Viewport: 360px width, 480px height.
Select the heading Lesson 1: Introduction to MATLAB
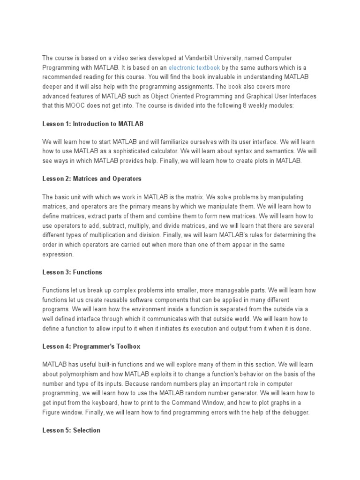tap(93, 124)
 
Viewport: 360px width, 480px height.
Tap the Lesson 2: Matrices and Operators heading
tap(91, 179)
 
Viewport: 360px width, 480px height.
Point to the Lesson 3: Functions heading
tap(72, 272)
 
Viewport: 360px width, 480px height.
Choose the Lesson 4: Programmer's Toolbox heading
tap(91, 346)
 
